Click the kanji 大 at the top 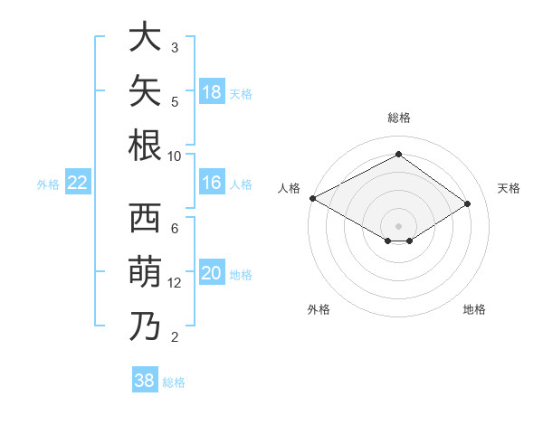tap(145, 36)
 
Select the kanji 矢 tap(145, 90)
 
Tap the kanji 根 tap(145, 145)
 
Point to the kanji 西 tap(145, 218)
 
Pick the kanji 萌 tap(145, 271)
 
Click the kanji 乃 tap(145, 326)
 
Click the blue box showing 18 tap(212, 91)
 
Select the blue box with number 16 tap(212, 182)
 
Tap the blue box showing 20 tap(212, 271)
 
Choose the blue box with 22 tap(78, 182)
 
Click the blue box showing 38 tap(145, 379)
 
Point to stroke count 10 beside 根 tap(174, 156)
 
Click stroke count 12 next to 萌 tap(174, 283)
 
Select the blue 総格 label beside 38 tap(174, 382)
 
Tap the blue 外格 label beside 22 tap(48, 184)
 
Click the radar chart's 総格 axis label tap(399, 118)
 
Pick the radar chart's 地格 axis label tap(474, 309)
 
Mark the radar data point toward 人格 tap(313, 198)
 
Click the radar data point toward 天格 tap(467, 203)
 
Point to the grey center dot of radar tap(398, 226)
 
